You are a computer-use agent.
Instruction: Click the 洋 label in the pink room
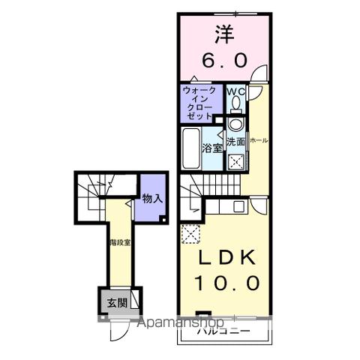coord(223,35)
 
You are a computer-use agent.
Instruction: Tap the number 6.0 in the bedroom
coord(223,60)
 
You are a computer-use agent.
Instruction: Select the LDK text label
coord(223,256)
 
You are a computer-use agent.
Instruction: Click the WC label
coord(236,93)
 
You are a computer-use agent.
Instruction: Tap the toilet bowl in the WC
coord(235,123)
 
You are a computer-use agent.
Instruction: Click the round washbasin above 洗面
coord(235,124)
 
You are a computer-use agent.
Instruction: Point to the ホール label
coord(259,140)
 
